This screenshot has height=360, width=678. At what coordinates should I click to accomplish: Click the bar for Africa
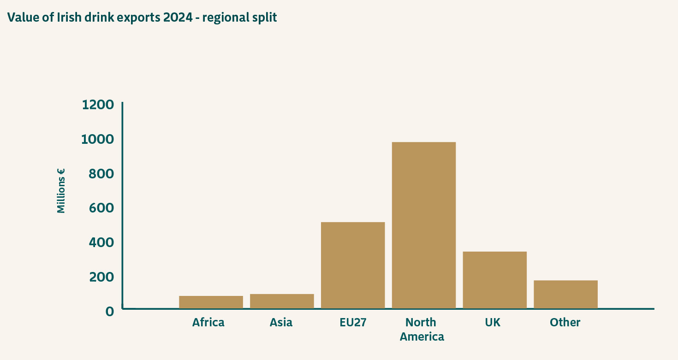tap(211, 302)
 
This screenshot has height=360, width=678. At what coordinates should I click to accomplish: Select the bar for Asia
tap(282, 301)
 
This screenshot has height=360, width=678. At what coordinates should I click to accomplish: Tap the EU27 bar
tap(353, 265)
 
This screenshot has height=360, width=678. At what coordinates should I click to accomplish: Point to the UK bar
tap(494, 280)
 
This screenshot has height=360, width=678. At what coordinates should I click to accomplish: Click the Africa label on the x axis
tap(208, 322)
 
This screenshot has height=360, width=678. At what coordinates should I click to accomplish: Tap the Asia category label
tap(281, 322)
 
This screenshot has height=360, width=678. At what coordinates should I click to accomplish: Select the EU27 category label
tap(353, 322)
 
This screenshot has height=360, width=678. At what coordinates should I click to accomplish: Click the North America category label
tap(422, 329)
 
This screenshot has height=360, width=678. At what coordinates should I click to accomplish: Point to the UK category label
tap(493, 322)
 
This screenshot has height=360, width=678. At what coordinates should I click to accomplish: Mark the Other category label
tap(565, 322)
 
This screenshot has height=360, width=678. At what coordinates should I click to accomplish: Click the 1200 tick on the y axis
tap(98, 105)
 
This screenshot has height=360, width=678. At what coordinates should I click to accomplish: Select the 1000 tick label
tap(98, 139)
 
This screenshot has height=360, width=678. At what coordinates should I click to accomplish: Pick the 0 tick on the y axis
tap(109, 312)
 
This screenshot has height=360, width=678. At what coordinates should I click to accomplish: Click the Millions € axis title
tap(61, 190)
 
